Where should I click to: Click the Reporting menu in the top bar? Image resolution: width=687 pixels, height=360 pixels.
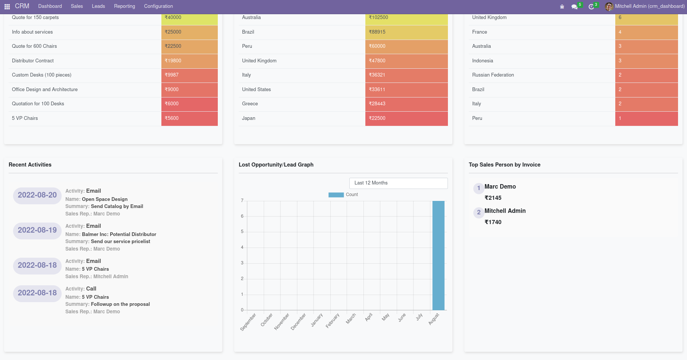tap(124, 6)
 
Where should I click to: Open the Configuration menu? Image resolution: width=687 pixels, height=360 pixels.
tap(158, 6)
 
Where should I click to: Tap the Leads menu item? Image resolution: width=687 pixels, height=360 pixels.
tap(98, 6)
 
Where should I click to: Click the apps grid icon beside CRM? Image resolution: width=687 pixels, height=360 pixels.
tap(7, 7)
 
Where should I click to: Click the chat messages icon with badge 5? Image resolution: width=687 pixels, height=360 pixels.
tap(575, 7)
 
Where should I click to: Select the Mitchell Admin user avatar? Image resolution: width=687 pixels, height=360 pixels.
tap(609, 6)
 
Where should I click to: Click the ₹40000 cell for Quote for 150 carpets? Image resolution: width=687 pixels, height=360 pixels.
tap(189, 18)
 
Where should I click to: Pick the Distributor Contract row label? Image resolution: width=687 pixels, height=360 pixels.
tap(33, 61)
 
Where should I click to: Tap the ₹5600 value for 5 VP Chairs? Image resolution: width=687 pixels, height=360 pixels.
tap(189, 118)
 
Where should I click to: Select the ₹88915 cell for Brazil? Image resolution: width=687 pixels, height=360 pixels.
tap(406, 32)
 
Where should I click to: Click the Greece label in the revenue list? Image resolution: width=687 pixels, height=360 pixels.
tap(250, 104)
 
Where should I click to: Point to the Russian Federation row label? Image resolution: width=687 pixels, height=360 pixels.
tap(493, 75)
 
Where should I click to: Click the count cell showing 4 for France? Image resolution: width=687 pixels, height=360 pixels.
tap(646, 32)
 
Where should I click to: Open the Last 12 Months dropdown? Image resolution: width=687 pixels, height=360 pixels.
tap(398, 183)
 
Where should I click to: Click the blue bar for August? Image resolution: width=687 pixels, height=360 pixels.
tap(438, 255)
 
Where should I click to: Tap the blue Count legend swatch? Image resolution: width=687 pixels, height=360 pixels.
tap(336, 195)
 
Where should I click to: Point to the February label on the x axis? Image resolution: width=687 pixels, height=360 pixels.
tap(332, 320)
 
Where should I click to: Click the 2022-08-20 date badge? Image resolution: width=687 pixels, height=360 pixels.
tap(37, 195)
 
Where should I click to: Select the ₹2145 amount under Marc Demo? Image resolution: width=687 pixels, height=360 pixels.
tap(493, 198)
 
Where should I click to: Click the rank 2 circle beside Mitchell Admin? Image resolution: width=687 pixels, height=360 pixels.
tap(479, 212)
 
